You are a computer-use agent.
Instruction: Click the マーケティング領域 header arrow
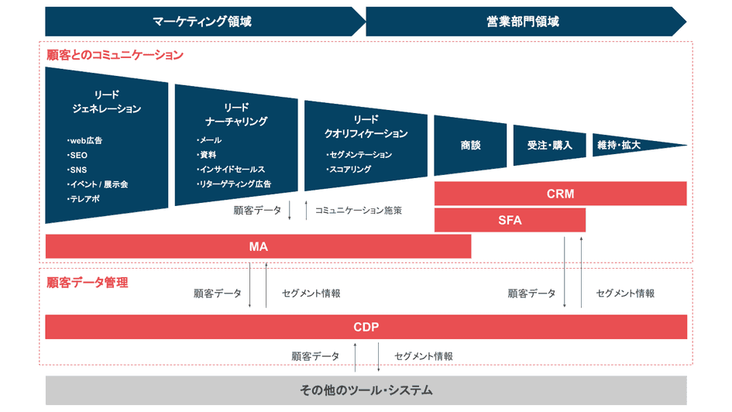(203, 22)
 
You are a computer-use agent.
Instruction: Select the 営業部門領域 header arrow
(524, 22)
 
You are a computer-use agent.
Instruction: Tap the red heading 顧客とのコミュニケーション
(115, 56)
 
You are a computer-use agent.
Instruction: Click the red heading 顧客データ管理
(88, 283)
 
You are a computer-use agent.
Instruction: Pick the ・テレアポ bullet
(84, 199)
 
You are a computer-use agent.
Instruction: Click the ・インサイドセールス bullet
(232, 170)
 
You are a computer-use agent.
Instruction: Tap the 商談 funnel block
(470, 145)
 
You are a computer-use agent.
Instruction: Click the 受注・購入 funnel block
(549, 145)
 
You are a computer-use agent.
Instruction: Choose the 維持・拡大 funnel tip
(620, 145)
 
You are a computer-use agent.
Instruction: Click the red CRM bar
(560, 194)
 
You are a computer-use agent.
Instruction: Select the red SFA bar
(510, 220)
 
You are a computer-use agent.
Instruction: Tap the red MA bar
(258, 246)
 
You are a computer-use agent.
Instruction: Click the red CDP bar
(366, 327)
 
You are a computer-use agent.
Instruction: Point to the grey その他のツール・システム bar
(366, 390)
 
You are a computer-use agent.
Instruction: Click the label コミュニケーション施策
(359, 210)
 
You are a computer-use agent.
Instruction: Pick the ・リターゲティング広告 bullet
(235, 184)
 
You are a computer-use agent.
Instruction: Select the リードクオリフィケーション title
(366, 126)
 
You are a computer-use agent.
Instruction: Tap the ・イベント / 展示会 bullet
(98, 184)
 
